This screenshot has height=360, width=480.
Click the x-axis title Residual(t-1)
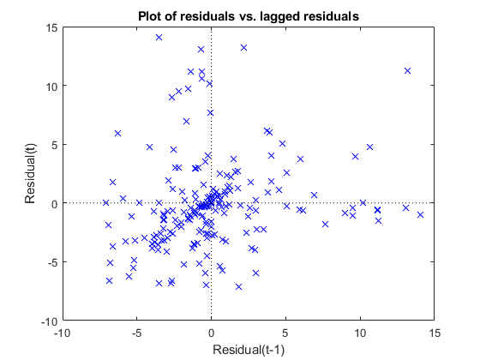click(x=249, y=350)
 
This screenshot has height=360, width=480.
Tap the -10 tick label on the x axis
click(x=62, y=333)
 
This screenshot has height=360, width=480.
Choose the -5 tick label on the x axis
click(x=136, y=333)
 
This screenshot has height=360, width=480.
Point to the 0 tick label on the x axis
click(x=211, y=333)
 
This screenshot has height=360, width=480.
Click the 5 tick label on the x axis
click(x=285, y=333)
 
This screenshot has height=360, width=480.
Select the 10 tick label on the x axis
click(x=360, y=333)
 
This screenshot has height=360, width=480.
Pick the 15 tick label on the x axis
click(x=435, y=333)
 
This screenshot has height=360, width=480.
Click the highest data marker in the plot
click(x=159, y=38)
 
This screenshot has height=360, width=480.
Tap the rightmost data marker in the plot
click(x=420, y=214)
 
